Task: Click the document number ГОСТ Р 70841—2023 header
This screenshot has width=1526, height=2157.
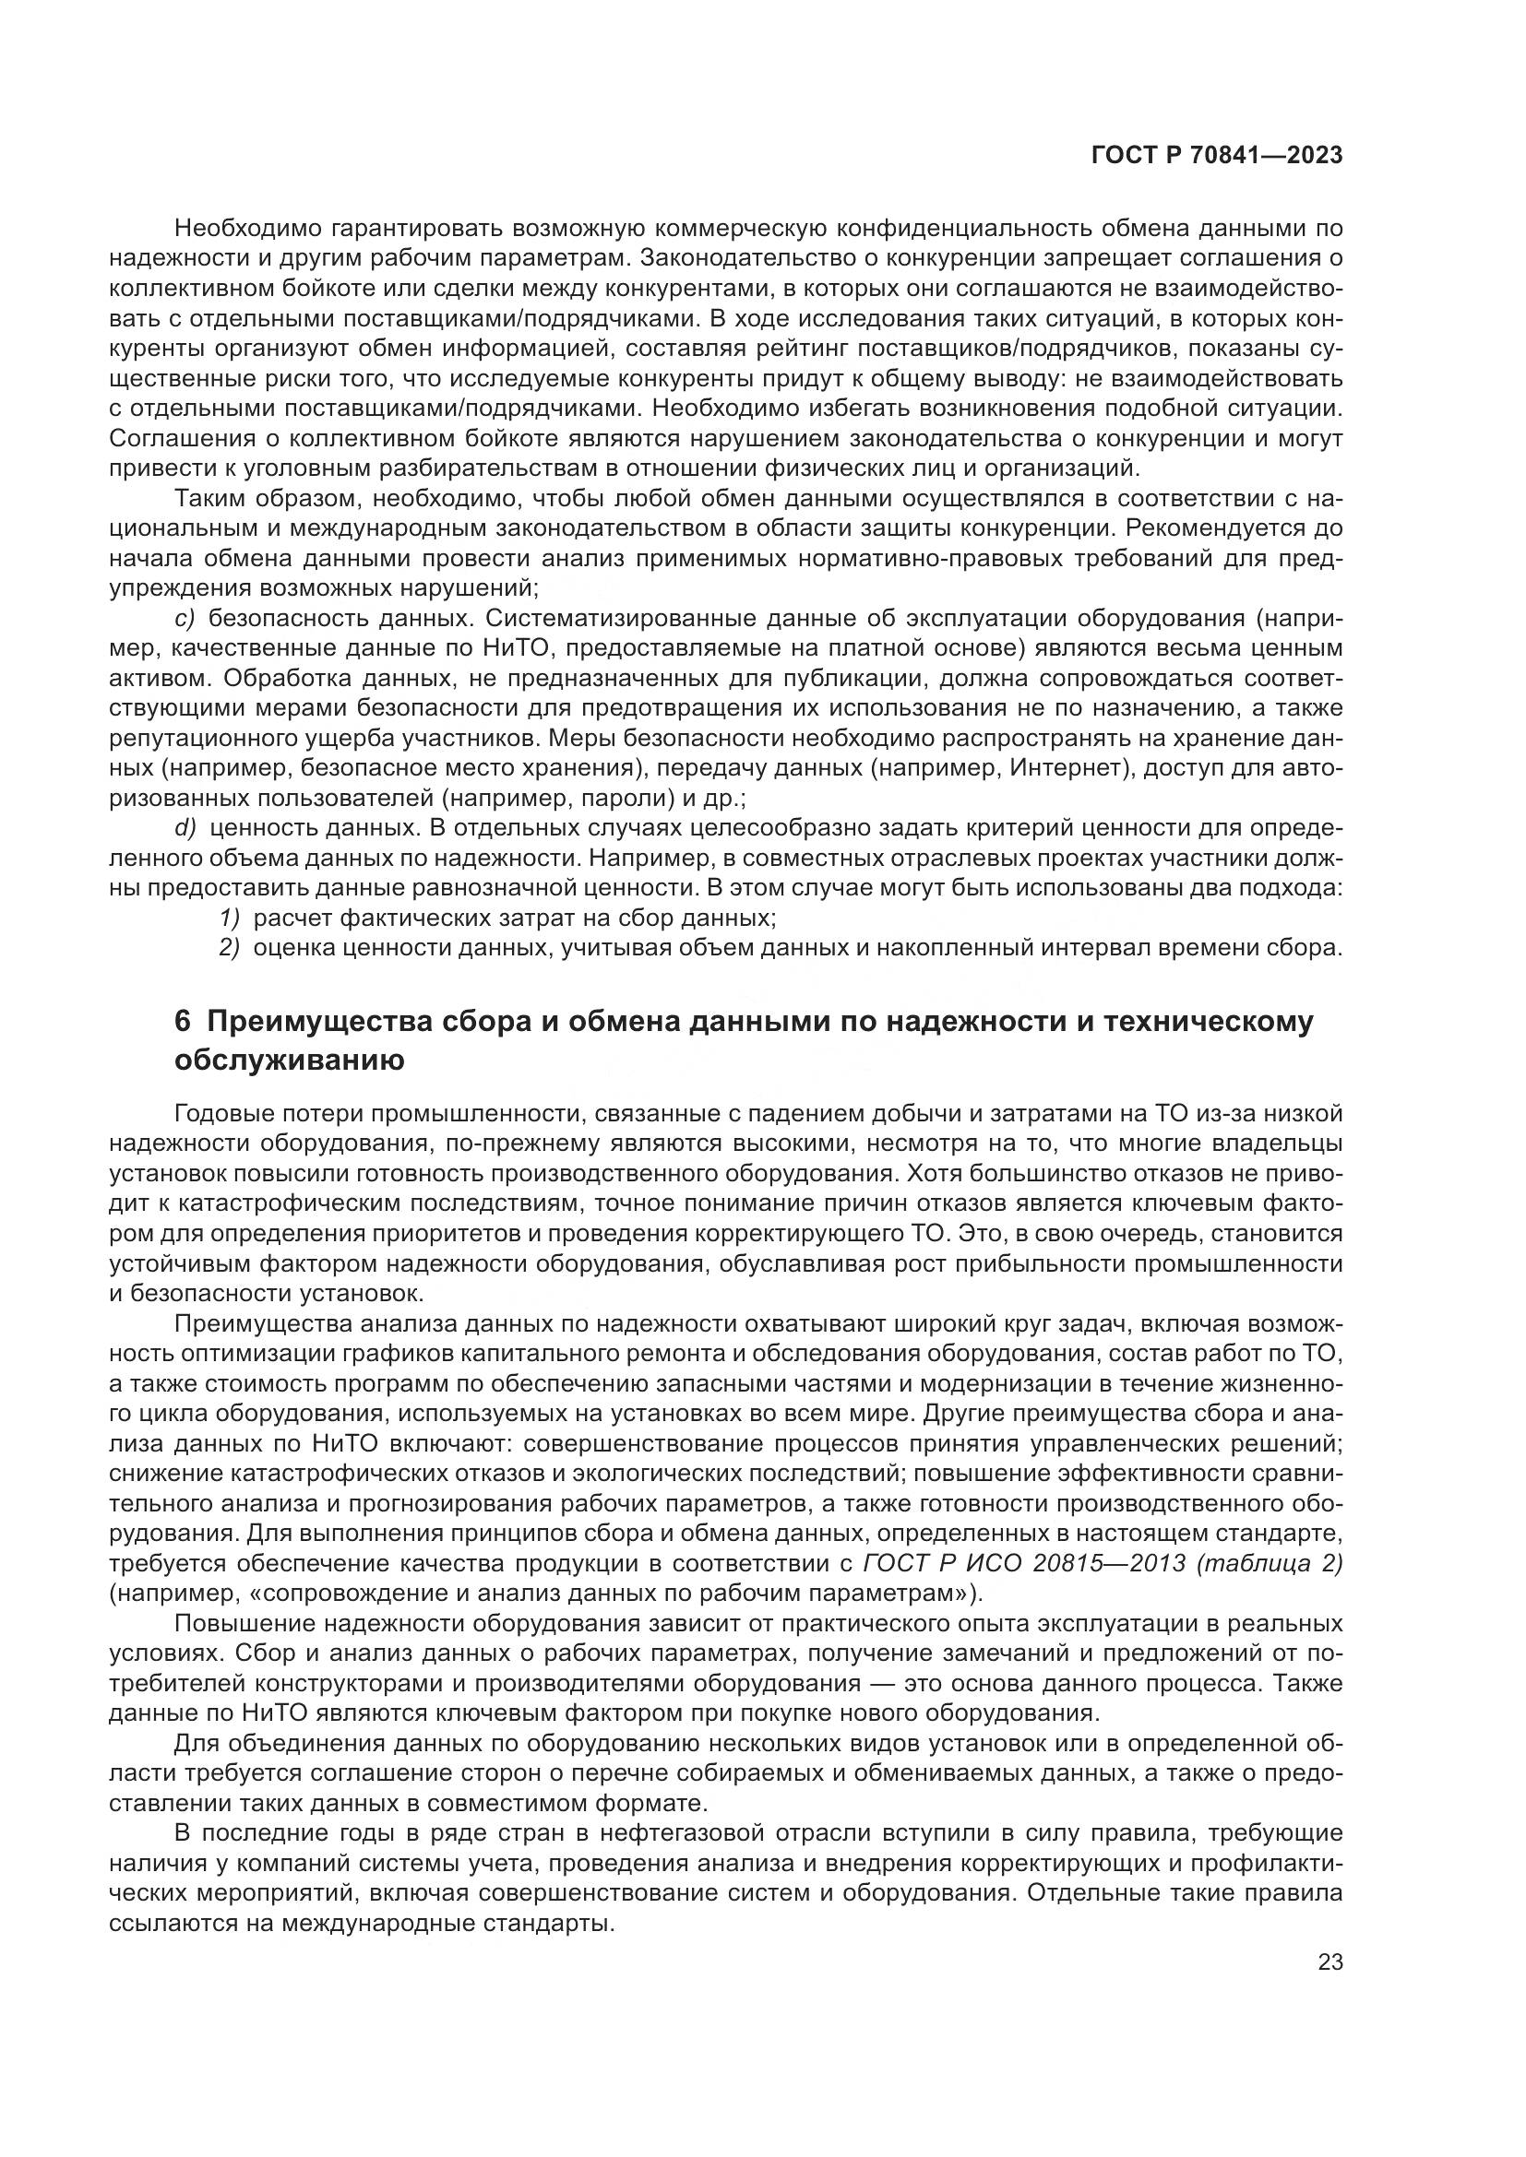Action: [1216, 156]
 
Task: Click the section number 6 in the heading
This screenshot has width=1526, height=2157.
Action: [183, 1021]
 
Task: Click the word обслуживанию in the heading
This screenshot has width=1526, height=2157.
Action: [290, 1061]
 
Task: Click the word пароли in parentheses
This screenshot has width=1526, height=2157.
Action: [609, 798]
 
